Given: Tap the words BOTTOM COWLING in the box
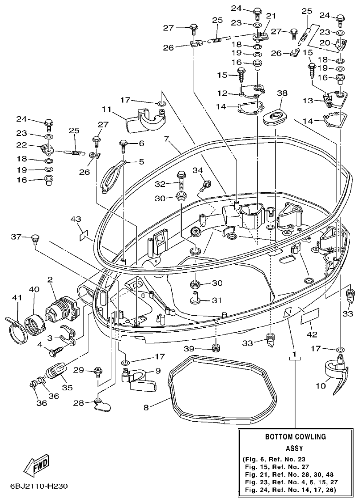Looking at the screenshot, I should (x=295, y=436).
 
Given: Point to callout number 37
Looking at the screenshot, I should (x=17, y=237).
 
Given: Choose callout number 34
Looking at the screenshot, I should (x=198, y=170).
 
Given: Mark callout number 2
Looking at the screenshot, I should (x=51, y=279).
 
